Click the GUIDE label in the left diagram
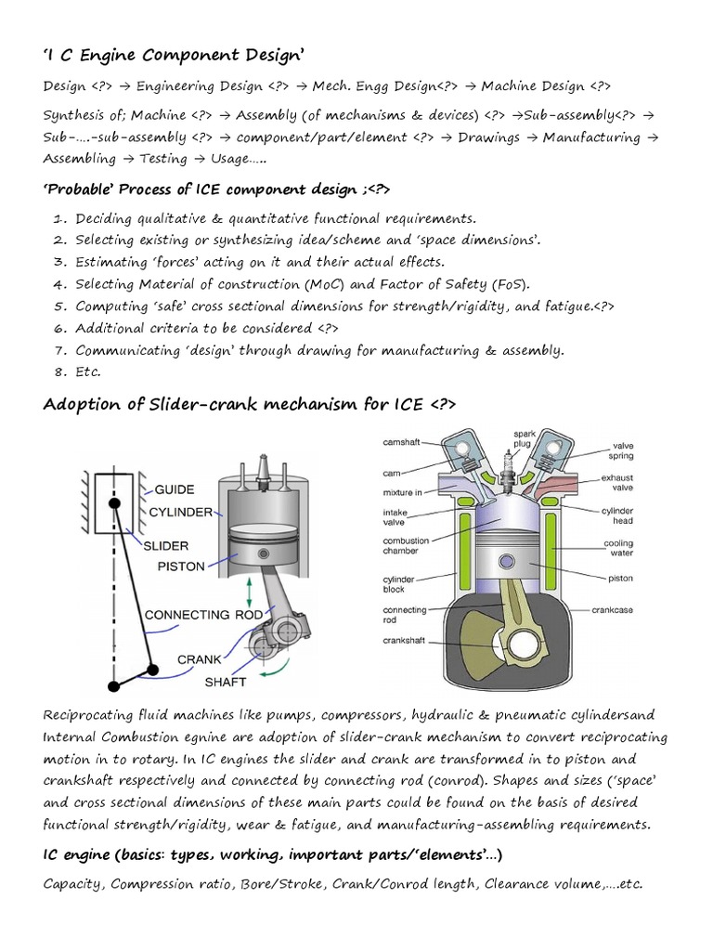click(x=175, y=489)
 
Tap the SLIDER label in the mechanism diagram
click(x=167, y=545)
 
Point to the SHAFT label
click(x=227, y=682)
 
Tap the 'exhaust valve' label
click(x=616, y=483)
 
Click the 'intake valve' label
click(x=400, y=516)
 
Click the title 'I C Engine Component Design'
click(x=175, y=58)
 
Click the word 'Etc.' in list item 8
click(x=88, y=371)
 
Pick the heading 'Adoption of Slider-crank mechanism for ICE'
click(x=250, y=404)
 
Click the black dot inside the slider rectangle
click(x=116, y=502)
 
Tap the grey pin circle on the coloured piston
click(x=507, y=562)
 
